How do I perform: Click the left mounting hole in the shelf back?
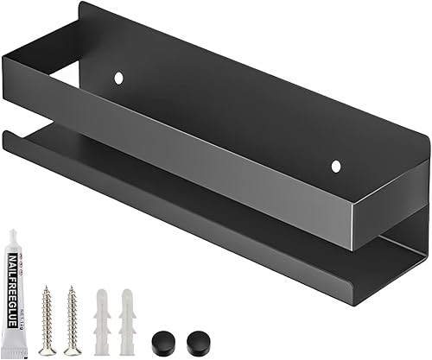(x=119, y=79)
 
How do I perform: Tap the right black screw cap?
(x=185, y=341)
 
